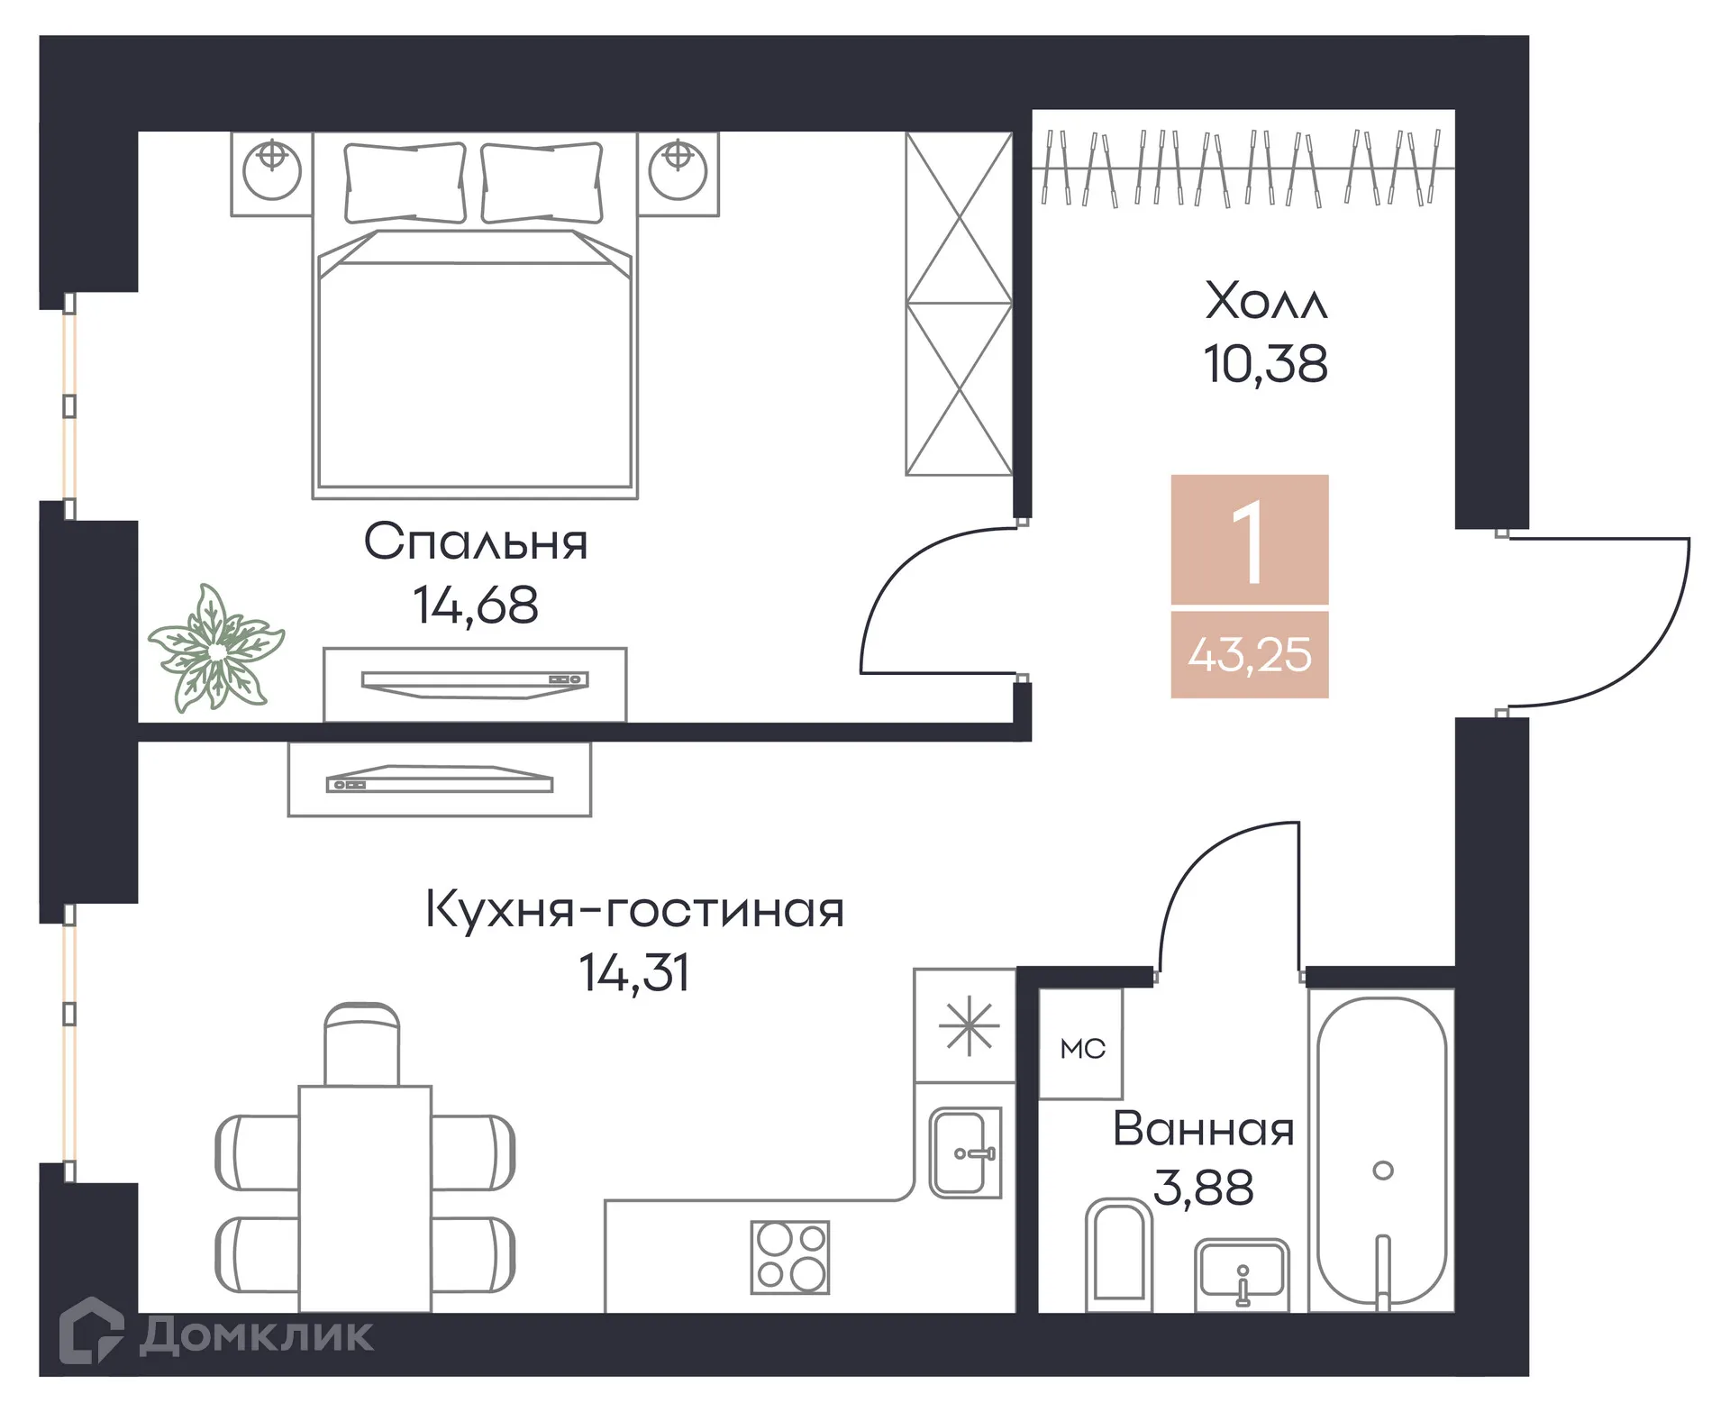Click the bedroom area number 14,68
(475, 605)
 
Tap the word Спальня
(475, 542)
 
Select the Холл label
(1266, 301)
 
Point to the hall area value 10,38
(1265, 364)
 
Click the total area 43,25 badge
(1249, 655)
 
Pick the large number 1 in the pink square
(1249, 541)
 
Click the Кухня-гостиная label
(634, 909)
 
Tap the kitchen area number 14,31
(634, 973)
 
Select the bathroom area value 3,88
(1203, 1188)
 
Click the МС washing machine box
(1081, 1046)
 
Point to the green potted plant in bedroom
(215, 648)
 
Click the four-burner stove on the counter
(790, 1257)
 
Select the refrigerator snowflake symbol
(968, 1027)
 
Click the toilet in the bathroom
(1118, 1255)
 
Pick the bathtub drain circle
(1382, 1171)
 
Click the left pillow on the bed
(405, 183)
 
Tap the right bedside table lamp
(678, 169)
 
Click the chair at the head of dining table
(361, 1045)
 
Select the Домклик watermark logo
(216, 1335)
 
